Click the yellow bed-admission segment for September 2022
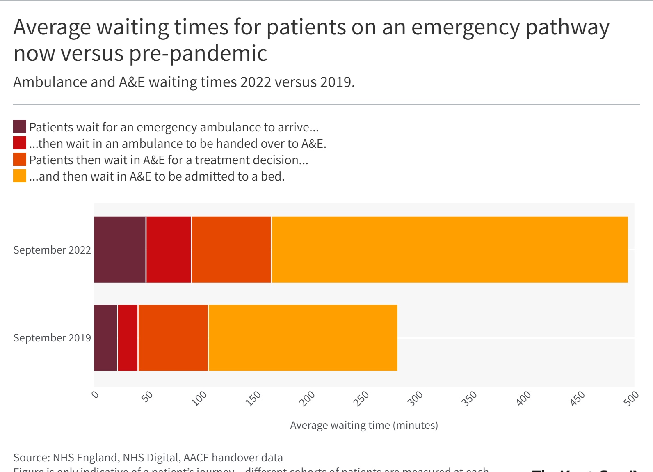450,250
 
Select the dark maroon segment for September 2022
120,250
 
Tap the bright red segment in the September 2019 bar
128,338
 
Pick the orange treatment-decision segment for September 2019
173,338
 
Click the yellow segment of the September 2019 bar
303,338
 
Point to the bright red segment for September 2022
169,250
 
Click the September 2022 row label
52,250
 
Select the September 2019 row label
52,338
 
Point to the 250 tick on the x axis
361,399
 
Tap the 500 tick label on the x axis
631,399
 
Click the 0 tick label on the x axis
95,395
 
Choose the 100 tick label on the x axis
199,399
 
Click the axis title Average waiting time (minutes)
364,425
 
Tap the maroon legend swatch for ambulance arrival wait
20,127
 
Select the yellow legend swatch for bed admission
20,176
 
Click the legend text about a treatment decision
169,160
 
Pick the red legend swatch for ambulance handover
20,143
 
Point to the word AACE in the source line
196,458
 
